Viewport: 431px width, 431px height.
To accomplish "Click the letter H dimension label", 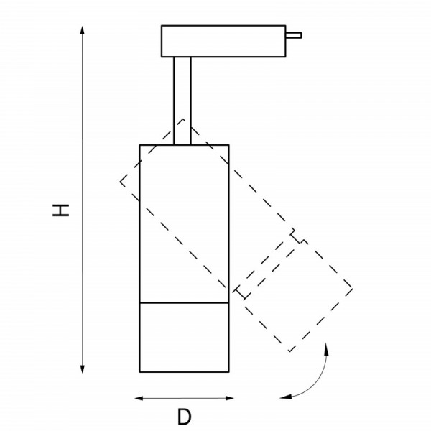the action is point(61,210).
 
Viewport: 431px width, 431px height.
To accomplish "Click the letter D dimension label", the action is point(185,417).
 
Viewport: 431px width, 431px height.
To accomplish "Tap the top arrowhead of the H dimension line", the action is point(82,30).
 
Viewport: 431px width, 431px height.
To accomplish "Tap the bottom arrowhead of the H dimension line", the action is point(82,369).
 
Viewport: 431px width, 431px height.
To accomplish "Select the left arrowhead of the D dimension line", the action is point(139,398).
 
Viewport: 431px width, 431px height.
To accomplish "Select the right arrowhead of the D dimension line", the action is point(230,398).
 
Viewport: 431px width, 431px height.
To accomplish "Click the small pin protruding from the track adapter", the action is point(294,35).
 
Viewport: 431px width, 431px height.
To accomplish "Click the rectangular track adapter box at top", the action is point(223,41).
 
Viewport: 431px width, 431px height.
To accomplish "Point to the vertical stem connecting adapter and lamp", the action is point(182,101).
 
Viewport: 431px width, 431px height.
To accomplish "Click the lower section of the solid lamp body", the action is point(184,338).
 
